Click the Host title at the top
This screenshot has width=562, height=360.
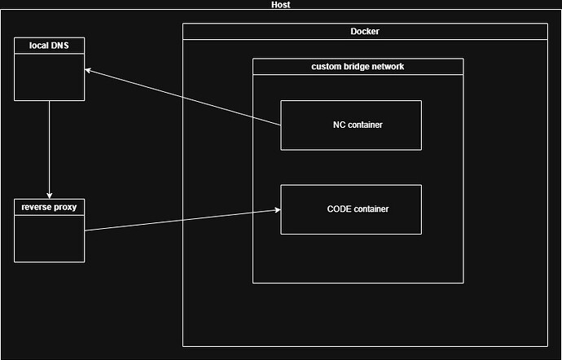[x=280, y=5]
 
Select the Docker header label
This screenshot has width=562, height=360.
[x=364, y=32]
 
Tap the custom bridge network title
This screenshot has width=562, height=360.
[x=358, y=67]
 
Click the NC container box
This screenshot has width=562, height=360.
[x=351, y=125]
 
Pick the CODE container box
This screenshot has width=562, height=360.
[x=351, y=209]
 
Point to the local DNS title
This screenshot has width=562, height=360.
[x=49, y=46]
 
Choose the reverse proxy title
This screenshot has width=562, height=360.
[x=49, y=207]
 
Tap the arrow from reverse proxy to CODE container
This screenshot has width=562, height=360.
[x=183, y=220]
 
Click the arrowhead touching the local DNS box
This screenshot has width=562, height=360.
[x=89, y=72]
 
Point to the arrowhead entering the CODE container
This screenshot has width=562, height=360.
[x=277, y=210]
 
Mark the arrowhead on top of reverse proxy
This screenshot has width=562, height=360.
[x=50, y=195]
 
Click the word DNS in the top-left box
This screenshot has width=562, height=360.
[x=59, y=46]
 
